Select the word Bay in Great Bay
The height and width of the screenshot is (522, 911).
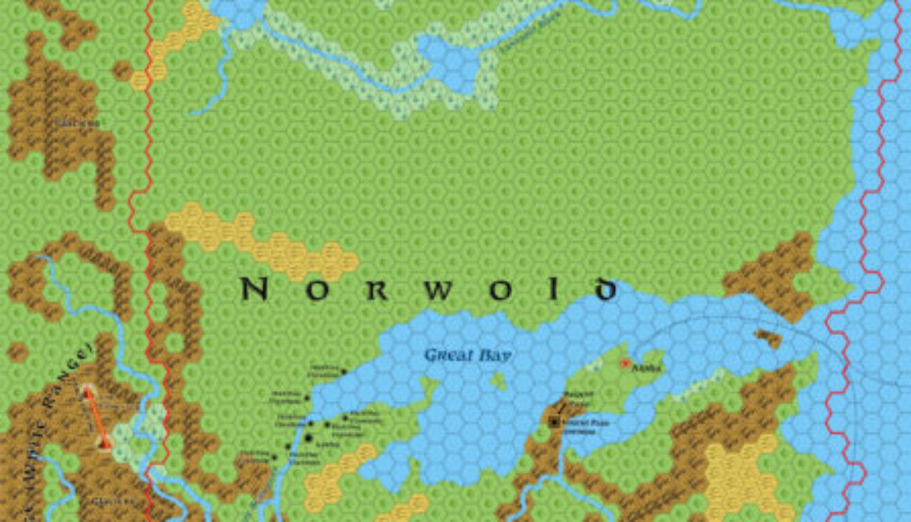[496, 356]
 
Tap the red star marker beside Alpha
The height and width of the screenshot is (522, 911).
[625, 363]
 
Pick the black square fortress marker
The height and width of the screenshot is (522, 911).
[555, 422]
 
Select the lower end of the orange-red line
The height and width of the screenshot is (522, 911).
[106, 444]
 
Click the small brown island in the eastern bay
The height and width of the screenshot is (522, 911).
[767, 338]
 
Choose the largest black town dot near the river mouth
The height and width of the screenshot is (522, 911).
[309, 438]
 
